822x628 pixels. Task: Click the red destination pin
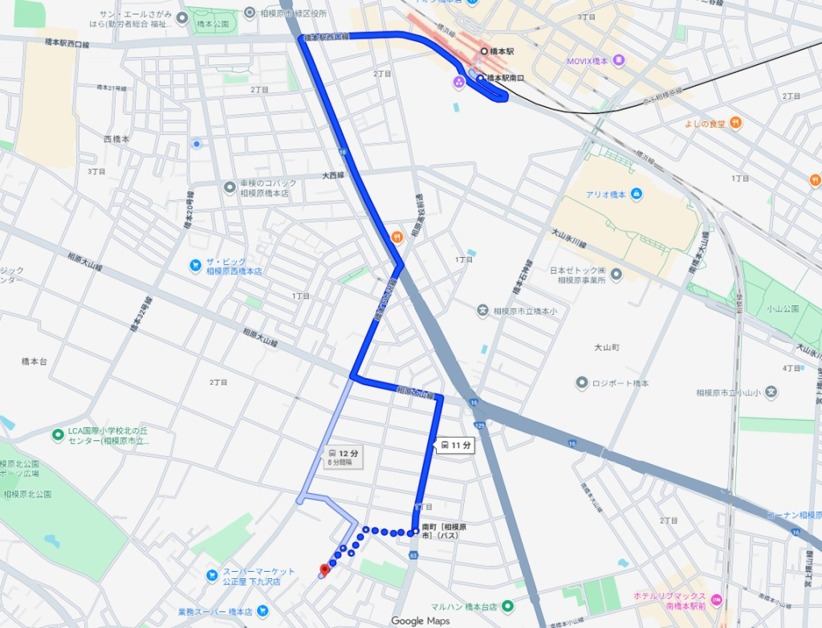pyautogui.click(x=324, y=570)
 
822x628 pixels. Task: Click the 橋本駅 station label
pyautogui.click(x=502, y=51)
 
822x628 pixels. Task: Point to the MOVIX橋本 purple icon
pyautogui.click(x=618, y=60)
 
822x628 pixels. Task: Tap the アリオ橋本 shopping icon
pyautogui.click(x=637, y=194)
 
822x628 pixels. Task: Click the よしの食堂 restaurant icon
pyautogui.click(x=736, y=123)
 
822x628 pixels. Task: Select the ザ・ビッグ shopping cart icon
pyautogui.click(x=195, y=265)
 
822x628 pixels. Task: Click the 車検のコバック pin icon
pyautogui.click(x=230, y=187)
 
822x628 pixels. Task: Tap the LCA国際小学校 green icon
pyautogui.click(x=58, y=435)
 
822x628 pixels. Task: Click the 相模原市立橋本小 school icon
pyautogui.click(x=482, y=310)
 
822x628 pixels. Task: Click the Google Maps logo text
pyautogui.click(x=418, y=621)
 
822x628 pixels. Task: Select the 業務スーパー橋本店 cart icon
pyautogui.click(x=169, y=612)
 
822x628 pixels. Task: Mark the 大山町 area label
pyautogui.click(x=606, y=348)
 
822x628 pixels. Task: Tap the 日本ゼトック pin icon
pyautogui.click(x=616, y=275)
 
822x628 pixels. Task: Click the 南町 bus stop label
pyautogui.click(x=442, y=531)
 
